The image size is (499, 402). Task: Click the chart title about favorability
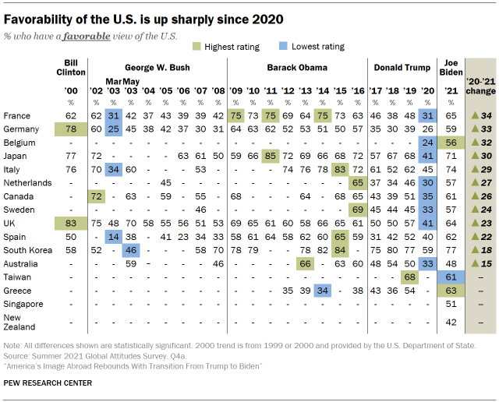[143, 16]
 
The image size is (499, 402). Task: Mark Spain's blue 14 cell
[113, 235]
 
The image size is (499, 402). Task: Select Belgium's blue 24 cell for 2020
[426, 142]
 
